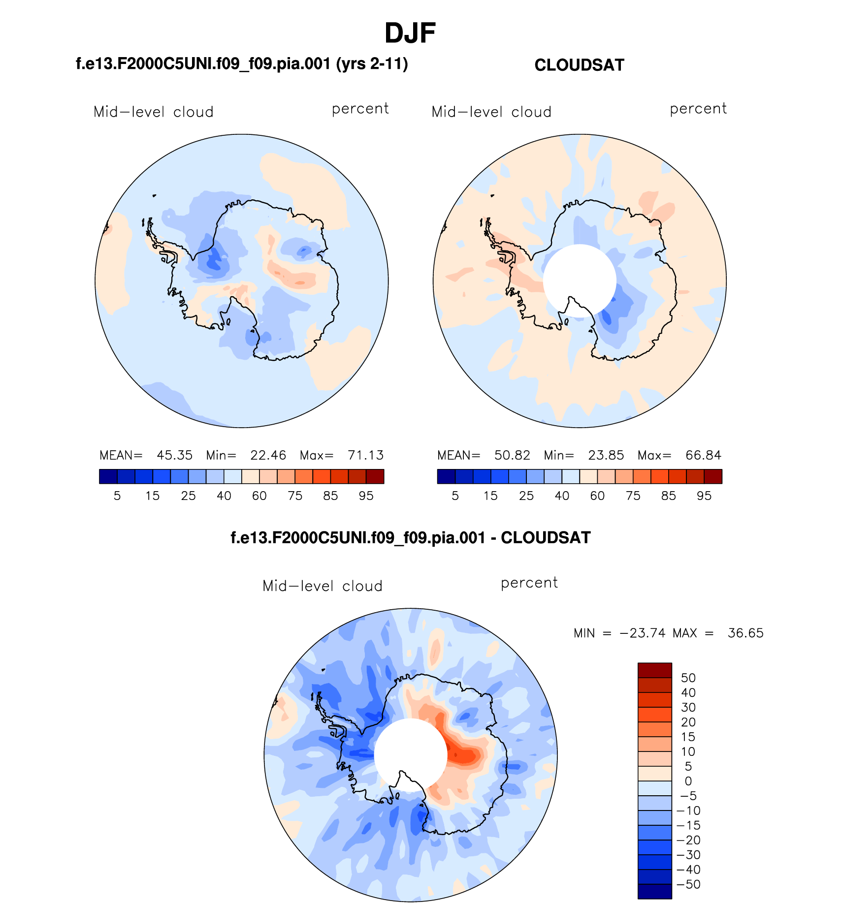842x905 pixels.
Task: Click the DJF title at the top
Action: click(x=410, y=33)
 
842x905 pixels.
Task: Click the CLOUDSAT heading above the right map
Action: click(x=579, y=65)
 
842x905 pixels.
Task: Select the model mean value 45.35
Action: click(x=174, y=455)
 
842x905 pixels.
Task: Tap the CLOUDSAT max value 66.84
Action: click(x=703, y=455)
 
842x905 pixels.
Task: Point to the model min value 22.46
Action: click(x=268, y=455)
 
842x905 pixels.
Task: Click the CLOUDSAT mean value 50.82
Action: click(x=512, y=455)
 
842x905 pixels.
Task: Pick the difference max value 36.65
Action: click(x=745, y=633)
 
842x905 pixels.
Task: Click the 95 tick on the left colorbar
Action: click(x=366, y=496)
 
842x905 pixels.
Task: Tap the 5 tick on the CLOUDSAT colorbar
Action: click(x=455, y=496)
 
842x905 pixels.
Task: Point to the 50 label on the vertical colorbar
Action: click(x=688, y=678)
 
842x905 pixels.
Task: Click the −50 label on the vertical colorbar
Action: click(x=688, y=884)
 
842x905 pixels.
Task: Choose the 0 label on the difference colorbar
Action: click(x=688, y=781)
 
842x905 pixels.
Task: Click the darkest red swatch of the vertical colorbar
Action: click(x=654, y=670)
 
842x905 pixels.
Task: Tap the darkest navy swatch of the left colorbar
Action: click(x=108, y=476)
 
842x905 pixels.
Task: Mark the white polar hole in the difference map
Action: click(x=410, y=753)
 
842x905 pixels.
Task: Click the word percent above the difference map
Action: click(x=529, y=583)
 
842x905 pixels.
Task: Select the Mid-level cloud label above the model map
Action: click(x=153, y=112)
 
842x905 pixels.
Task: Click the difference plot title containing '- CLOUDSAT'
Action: click(x=410, y=537)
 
